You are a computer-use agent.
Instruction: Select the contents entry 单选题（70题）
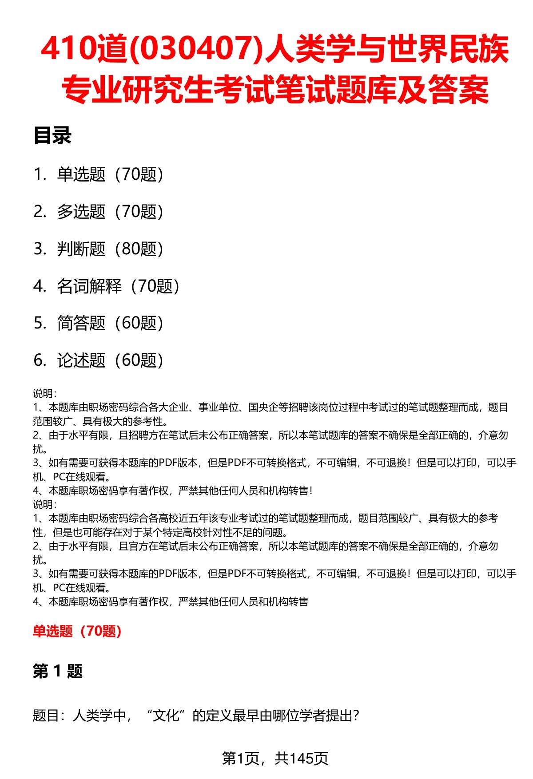[x=110, y=174]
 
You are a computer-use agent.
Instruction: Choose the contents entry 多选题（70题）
[x=110, y=212]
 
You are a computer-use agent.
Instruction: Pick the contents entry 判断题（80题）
[x=110, y=249]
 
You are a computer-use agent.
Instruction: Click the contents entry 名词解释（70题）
[x=118, y=286]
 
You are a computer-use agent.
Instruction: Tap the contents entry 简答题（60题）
[x=110, y=323]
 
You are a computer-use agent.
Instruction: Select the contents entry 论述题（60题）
[x=110, y=360]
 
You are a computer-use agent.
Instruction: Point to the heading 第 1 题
[x=58, y=671]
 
